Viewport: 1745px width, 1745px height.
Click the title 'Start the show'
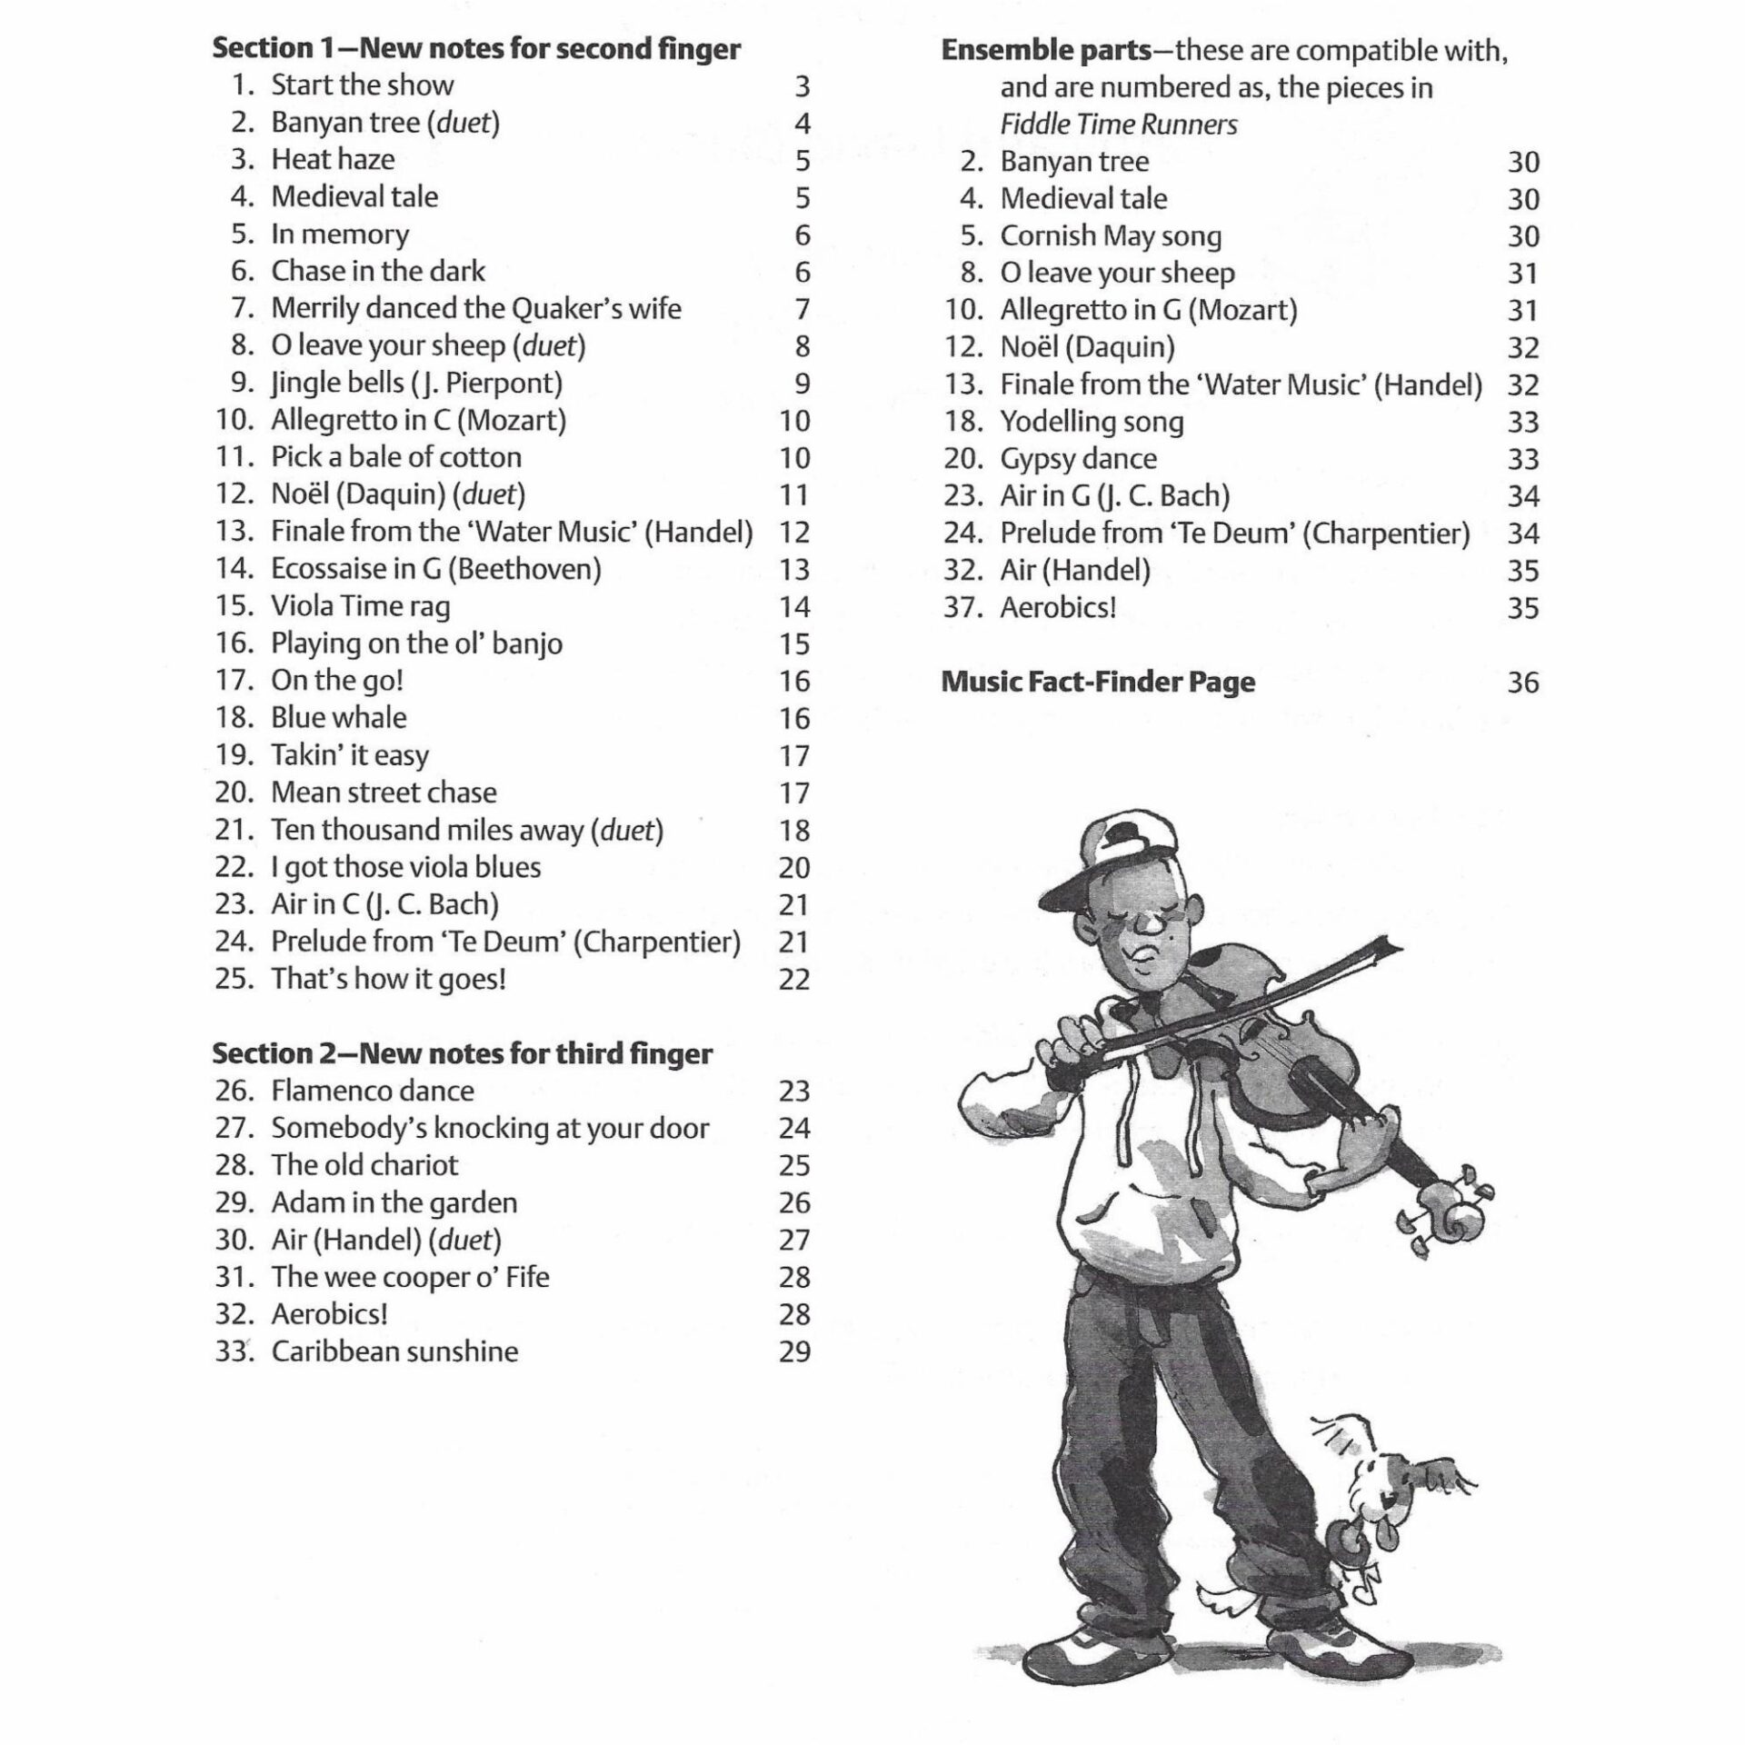362,85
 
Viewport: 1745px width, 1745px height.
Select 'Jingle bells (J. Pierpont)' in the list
416,383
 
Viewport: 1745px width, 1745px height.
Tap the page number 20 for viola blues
793,868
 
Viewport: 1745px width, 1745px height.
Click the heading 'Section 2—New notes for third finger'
463,1053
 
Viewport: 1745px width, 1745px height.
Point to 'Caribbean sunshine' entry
394,1351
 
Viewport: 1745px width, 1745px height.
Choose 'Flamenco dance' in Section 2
373,1091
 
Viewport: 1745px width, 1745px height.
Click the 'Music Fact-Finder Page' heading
1098,682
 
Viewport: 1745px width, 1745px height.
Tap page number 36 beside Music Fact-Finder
1523,683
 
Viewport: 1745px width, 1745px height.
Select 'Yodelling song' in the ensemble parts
1092,422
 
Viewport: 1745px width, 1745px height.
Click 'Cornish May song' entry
1111,236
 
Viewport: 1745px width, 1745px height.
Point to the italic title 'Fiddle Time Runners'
1119,125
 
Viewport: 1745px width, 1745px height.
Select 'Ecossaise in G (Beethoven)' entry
436,569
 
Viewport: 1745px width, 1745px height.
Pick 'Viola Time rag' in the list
360,606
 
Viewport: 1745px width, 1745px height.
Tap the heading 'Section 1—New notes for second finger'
476,48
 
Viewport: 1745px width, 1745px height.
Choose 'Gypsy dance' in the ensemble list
1078,459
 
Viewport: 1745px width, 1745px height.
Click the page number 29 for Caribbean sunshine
794,1352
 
